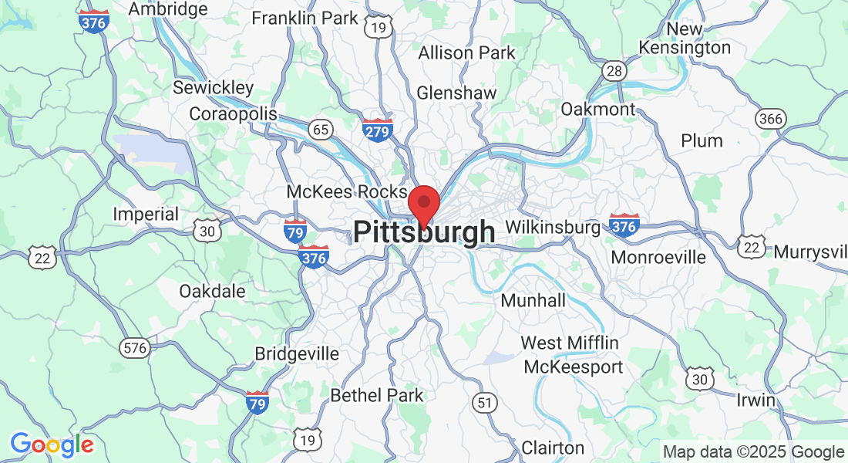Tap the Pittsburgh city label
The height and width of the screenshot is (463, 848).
coord(424,232)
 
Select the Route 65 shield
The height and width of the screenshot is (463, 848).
coord(321,129)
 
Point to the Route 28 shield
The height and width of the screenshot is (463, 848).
coord(614,71)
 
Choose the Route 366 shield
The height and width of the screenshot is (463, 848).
coord(769,118)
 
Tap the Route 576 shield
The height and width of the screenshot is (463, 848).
coord(134,348)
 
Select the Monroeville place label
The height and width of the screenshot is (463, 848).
coord(658,257)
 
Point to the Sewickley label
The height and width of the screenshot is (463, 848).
coord(213,87)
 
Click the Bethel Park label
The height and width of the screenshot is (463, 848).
coord(377,395)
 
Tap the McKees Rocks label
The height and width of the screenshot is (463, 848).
coord(347,191)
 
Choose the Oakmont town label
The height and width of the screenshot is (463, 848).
coord(598,109)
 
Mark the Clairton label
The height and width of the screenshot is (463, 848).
coord(553,447)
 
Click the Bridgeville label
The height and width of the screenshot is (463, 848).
coord(297,353)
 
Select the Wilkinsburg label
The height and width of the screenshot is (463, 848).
coord(553,228)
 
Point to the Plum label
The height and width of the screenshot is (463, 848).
coord(702,140)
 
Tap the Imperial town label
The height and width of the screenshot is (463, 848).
coord(146,214)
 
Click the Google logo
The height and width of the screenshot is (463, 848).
coord(52,444)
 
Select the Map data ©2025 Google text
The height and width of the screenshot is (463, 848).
coord(754,452)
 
